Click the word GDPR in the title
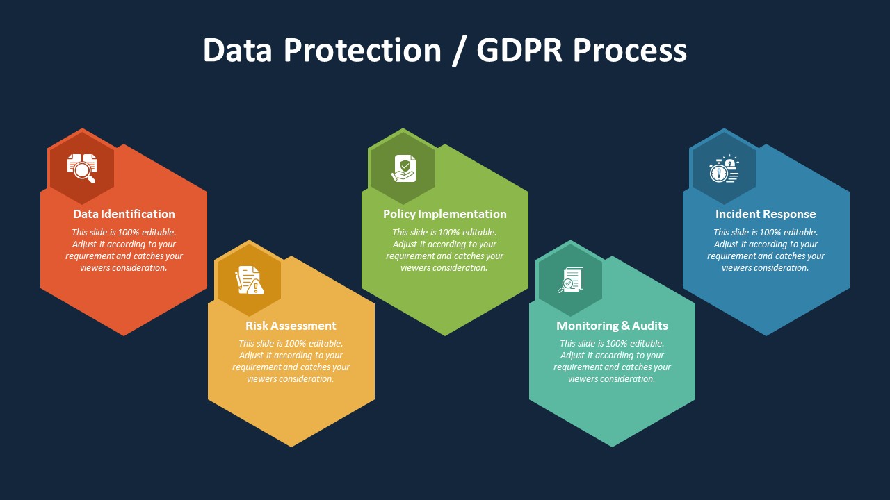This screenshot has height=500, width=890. coord(519,50)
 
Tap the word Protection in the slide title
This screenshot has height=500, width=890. coord(362,50)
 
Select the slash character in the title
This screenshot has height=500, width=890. coord(458,51)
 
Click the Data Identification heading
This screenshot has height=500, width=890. coord(124,214)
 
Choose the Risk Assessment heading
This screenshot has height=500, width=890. coord(291,326)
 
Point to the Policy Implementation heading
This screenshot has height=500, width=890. coord(444,214)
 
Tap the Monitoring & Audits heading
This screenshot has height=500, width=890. coord(612,326)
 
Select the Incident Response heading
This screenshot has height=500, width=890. coord(766,214)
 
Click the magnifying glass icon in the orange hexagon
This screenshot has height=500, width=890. coord(82,168)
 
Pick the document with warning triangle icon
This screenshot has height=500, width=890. coord(250,280)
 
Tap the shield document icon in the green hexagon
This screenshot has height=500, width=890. coord(403,168)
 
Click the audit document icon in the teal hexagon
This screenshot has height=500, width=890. coord(571,280)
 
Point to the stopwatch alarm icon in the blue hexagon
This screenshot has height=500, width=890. coord(724,169)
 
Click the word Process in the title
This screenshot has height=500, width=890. coord(630,51)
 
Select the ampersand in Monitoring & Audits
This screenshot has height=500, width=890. coord(625,326)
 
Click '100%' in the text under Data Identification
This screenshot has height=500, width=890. coord(129,232)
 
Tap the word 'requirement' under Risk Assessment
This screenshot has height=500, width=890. coord(257,367)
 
